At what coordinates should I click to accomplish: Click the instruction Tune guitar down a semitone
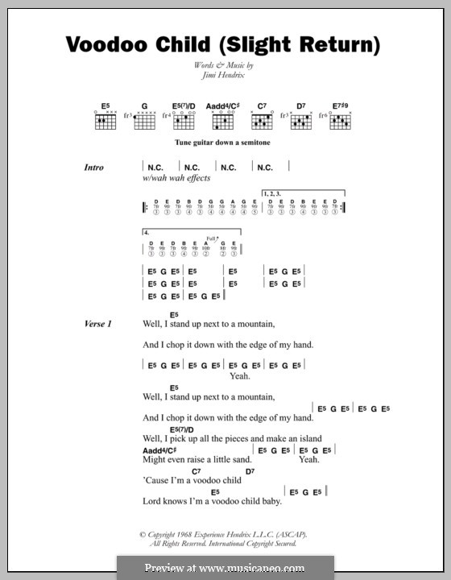(x=220, y=143)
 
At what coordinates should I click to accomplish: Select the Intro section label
(x=95, y=168)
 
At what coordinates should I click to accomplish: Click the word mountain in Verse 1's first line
(x=252, y=325)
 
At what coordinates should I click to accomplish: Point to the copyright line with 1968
(x=223, y=533)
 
